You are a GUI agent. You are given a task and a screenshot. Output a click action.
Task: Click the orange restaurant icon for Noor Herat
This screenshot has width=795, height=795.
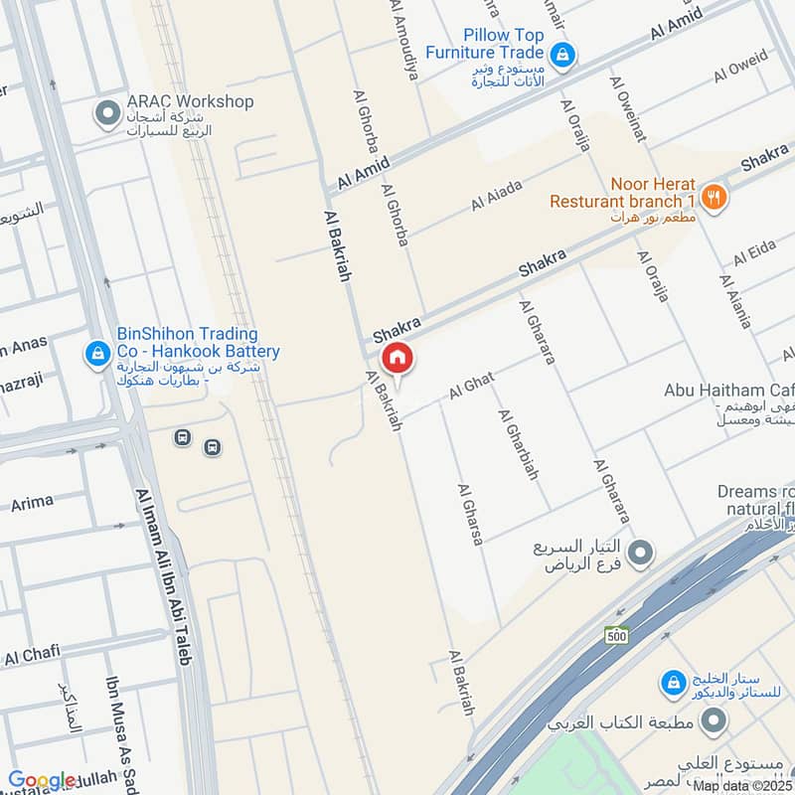point(713,197)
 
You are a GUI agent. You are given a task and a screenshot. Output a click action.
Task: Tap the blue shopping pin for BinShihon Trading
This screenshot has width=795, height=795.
point(97,353)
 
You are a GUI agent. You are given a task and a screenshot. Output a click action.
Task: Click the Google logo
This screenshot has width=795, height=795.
point(42,780)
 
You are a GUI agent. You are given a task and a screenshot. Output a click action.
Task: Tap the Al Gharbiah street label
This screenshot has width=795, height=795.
point(518,444)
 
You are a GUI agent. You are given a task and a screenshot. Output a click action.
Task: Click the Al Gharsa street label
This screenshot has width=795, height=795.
point(470,514)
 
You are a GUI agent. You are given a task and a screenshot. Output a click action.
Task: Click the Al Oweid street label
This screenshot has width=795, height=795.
point(740,66)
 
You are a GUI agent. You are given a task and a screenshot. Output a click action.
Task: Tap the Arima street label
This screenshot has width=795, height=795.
point(32,503)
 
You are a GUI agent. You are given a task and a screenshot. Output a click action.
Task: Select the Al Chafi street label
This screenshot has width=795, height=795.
point(32,655)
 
